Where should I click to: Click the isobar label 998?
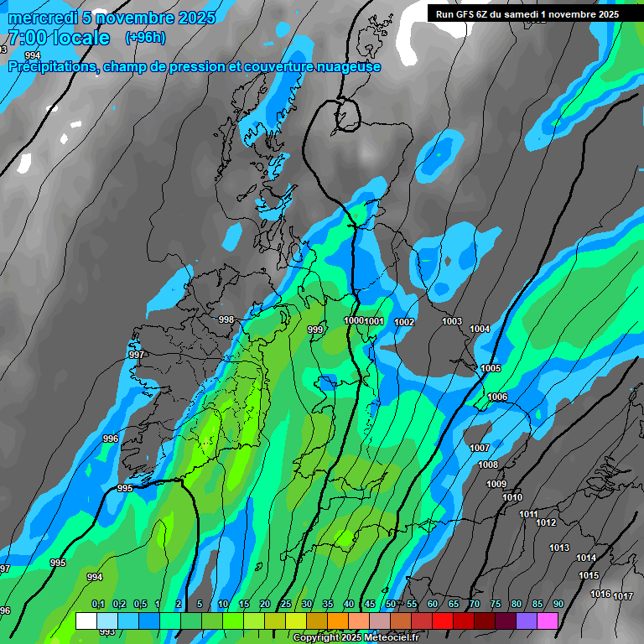[x=226, y=319]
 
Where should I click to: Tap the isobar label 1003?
[x=452, y=321]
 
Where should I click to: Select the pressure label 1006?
[x=497, y=397]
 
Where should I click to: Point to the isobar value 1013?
[x=559, y=548]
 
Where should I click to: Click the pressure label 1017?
[x=622, y=596]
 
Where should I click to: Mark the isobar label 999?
[x=315, y=330]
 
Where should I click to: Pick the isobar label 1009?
[x=496, y=484]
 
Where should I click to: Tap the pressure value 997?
[x=137, y=355]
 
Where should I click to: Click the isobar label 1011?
[x=528, y=514]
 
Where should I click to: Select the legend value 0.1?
[x=98, y=605]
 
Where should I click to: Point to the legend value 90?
[x=558, y=605]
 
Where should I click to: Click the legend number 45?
[x=370, y=605]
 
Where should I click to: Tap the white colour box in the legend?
[x=86, y=621]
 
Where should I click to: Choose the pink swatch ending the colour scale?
[x=548, y=621]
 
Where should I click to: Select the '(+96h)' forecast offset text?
[x=145, y=38]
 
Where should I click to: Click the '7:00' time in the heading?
[x=27, y=38]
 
